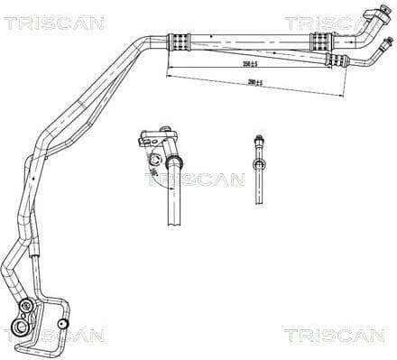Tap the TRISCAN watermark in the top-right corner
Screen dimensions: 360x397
(x=337, y=23)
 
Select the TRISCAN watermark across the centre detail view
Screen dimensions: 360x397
(x=194, y=179)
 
